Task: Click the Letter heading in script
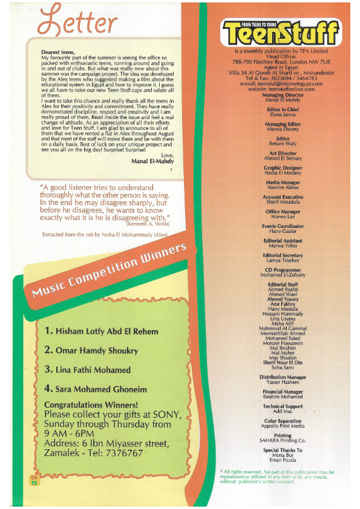(77, 23)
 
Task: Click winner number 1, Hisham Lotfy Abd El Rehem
(101, 331)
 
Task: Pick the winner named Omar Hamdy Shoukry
(91, 351)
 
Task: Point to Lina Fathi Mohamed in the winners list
(87, 370)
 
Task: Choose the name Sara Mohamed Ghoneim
(96, 389)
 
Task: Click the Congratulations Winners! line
(91, 405)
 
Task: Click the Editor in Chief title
(283, 109)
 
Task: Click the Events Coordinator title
(283, 226)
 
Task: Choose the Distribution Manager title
(283, 377)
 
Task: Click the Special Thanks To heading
(283, 450)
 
